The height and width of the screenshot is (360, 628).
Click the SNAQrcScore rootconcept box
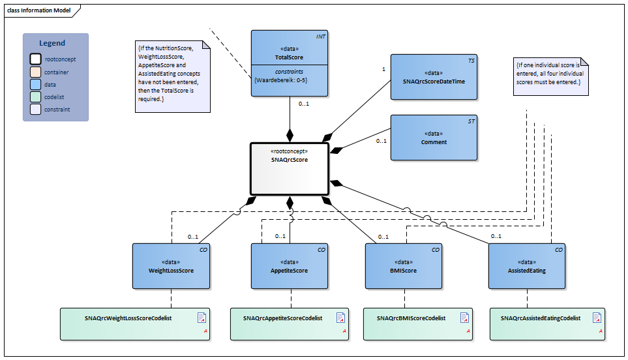click(289, 168)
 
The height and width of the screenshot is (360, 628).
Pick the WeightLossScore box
click(171, 266)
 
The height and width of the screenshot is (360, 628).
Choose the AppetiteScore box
click(289, 266)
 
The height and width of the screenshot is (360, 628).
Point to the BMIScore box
click(402, 266)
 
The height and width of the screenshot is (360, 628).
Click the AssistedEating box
click(527, 266)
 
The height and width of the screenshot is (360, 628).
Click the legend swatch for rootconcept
click(35, 59)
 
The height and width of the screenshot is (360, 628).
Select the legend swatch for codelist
click(35, 97)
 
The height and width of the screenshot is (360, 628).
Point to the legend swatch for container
click(35, 72)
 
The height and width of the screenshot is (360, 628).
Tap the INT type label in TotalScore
click(320, 37)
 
